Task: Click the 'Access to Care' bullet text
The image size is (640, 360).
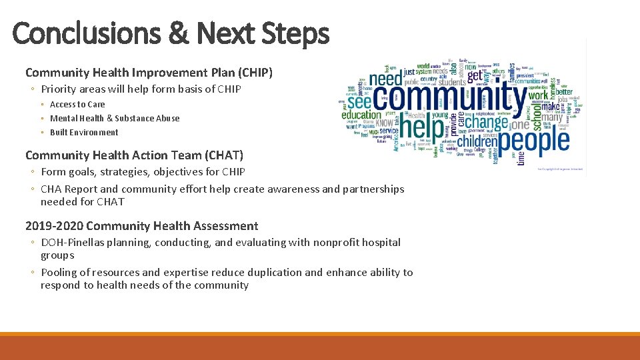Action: pos(77,104)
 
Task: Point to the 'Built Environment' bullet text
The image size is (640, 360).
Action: pos(84,132)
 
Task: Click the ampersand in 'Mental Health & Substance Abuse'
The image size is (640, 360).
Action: pos(110,118)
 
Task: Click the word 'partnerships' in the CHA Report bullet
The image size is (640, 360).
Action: pos(373,189)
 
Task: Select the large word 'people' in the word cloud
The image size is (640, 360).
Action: pos(535,140)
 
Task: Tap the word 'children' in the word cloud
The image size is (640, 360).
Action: pos(478,142)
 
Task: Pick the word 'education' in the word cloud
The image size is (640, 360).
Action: pos(361,115)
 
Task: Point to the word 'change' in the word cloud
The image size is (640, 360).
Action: pos(486,122)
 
